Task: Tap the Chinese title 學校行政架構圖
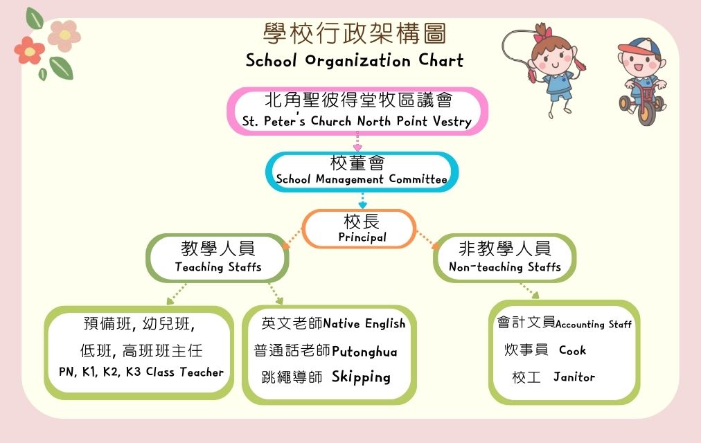coord(355,33)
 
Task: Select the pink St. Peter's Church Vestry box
coord(357,111)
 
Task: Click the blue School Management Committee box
coord(362,172)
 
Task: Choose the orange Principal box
coord(359,228)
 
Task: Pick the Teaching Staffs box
coord(218,257)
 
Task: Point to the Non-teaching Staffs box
coord(504,257)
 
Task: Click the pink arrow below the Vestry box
coord(357,141)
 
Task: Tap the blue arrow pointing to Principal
coord(362,200)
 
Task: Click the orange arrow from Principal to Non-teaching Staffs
coord(427,239)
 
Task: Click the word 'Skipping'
coord(361,377)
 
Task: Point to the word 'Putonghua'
coord(364,352)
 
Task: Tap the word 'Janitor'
coord(574,377)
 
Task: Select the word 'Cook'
coord(572,350)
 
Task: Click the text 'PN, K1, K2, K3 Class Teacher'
coord(141,372)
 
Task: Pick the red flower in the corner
coord(29,51)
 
